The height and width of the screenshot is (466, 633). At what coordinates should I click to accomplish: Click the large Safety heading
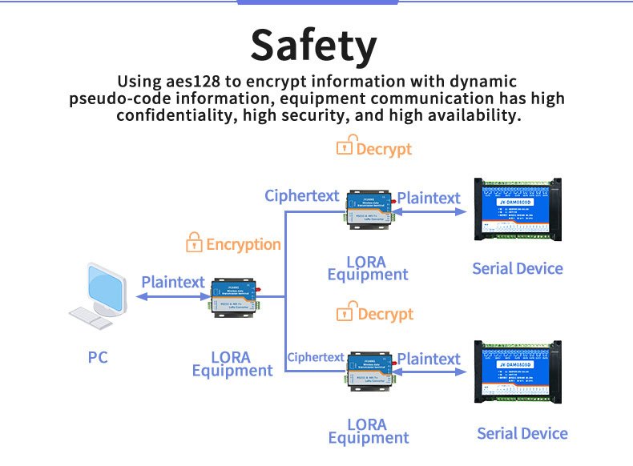pyautogui.click(x=313, y=46)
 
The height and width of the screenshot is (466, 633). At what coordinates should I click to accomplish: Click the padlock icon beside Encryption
pyautogui.click(x=193, y=242)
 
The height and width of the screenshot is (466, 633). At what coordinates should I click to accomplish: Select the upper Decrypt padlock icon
pyautogui.click(x=345, y=147)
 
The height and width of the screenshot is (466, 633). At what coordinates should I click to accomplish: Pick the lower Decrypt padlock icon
pyautogui.click(x=345, y=311)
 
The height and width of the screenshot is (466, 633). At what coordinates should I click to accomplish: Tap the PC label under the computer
pyautogui.click(x=98, y=357)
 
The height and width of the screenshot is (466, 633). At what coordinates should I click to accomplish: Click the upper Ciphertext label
pyautogui.click(x=302, y=195)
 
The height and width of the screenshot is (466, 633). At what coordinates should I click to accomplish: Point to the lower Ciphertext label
pyautogui.click(x=316, y=357)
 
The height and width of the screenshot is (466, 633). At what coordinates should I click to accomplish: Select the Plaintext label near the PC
pyautogui.click(x=172, y=281)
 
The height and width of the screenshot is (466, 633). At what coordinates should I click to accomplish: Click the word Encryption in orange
pyautogui.click(x=244, y=244)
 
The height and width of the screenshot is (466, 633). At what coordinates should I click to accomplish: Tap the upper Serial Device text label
pyautogui.click(x=518, y=268)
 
